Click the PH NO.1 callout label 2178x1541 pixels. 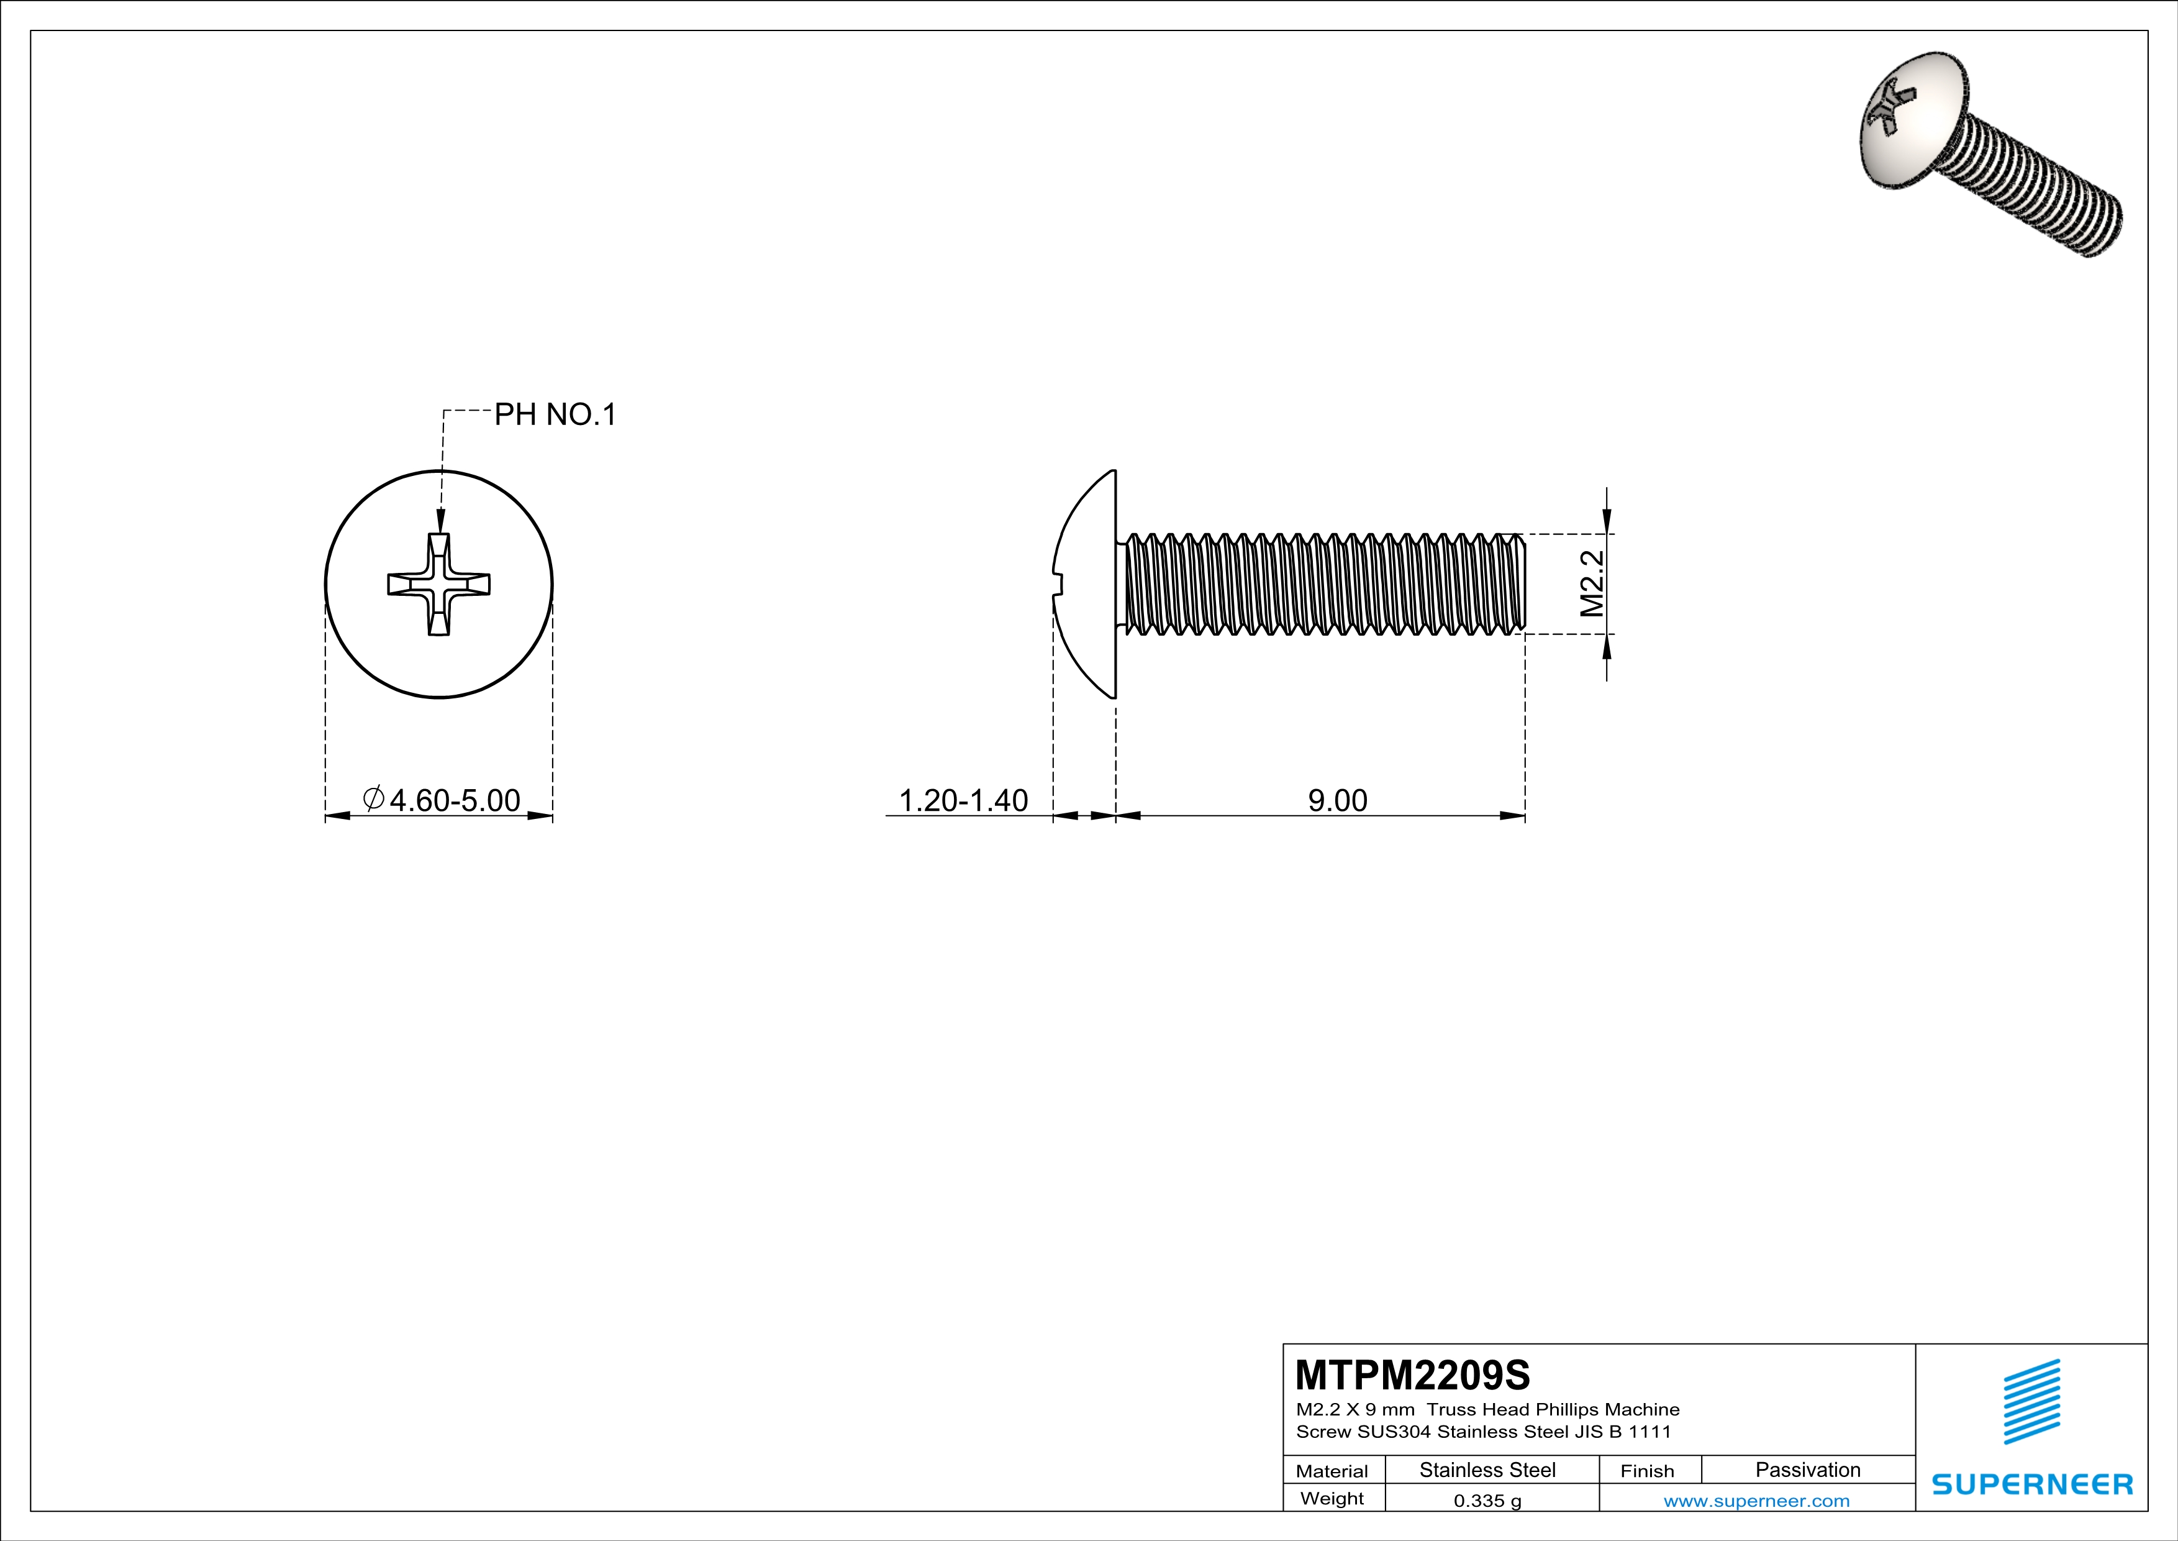[555, 414]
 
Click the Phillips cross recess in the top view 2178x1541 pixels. [438, 583]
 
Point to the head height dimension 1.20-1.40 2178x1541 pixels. [962, 800]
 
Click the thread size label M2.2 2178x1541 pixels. [1591, 583]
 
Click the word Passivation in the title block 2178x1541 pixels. [1807, 1470]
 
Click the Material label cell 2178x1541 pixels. [1332, 1471]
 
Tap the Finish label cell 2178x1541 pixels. [1647, 1471]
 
